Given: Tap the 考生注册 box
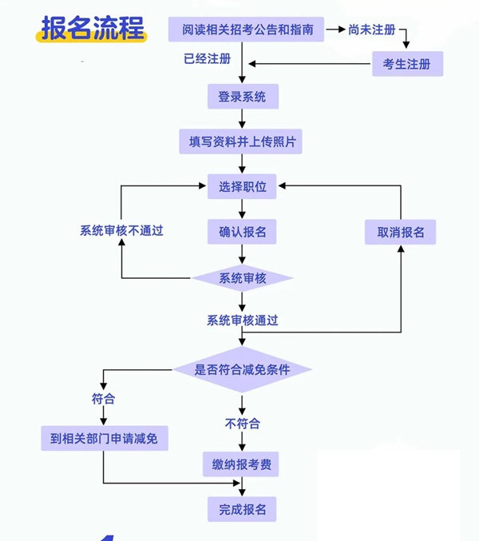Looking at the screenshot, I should click(407, 64).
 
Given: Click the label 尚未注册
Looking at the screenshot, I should click(372, 30).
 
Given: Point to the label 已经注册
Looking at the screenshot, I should click(207, 59).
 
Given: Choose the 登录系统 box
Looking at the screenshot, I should click(242, 97).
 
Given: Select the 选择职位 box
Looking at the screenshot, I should click(242, 187).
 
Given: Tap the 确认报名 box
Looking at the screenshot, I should click(242, 233).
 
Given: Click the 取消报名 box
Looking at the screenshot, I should click(401, 233).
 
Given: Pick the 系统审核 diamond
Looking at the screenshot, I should click(242, 277).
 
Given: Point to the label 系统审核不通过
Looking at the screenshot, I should click(121, 231).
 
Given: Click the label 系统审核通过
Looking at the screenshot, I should click(242, 320).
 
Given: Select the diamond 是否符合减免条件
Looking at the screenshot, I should click(242, 369).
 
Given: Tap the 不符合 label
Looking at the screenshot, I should click(242, 424).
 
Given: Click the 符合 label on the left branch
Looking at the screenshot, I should click(104, 398).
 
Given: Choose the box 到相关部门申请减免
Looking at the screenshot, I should click(105, 439).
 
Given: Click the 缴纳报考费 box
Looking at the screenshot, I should click(242, 464).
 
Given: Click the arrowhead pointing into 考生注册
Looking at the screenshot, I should click(407, 46).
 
